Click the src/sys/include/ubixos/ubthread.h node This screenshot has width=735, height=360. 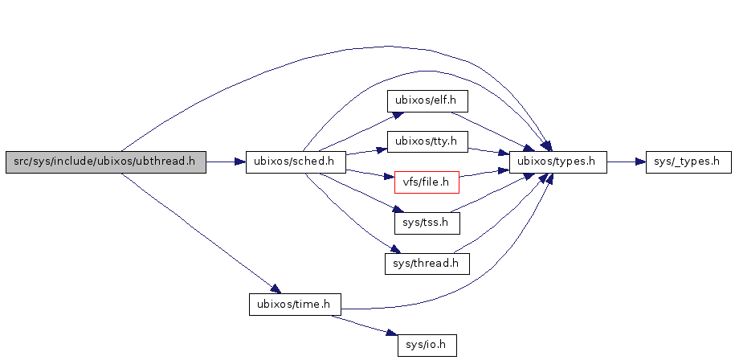106,162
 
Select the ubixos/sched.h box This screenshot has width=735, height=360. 295,162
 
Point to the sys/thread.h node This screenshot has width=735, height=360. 427,263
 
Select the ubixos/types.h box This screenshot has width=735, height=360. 557,162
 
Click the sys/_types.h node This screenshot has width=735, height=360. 688,162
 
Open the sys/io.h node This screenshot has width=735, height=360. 427,346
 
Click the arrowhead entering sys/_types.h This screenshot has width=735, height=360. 641,162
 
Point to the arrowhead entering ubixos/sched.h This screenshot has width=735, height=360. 240,162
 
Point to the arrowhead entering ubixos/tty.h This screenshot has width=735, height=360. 382,148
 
